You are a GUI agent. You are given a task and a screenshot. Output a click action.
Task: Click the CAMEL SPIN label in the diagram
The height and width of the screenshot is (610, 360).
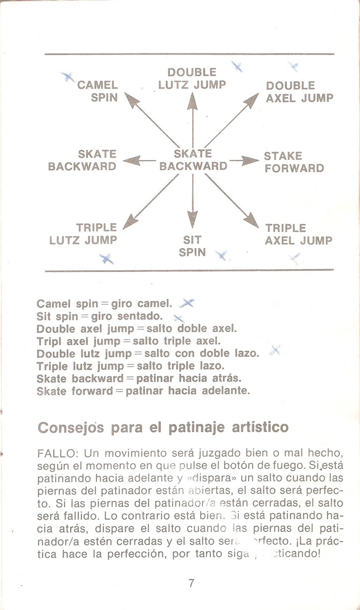(98, 91)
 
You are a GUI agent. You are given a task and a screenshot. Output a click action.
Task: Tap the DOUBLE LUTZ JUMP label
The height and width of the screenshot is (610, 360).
(192, 79)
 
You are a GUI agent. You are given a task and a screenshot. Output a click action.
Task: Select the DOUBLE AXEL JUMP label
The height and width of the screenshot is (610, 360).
(299, 92)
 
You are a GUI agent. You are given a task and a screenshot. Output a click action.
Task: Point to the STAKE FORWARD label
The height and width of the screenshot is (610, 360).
(294, 162)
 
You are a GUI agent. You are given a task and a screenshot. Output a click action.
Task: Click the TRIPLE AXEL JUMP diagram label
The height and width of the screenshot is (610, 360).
(298, 234)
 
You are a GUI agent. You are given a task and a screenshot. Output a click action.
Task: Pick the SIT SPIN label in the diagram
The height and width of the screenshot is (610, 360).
(192, 246)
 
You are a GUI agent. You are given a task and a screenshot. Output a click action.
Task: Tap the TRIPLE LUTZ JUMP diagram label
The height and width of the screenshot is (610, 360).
(83, 234)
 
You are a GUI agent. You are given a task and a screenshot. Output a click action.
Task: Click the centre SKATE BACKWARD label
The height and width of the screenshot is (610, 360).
(193, 160)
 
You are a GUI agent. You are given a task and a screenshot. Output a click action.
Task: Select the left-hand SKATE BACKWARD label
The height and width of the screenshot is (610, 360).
(82, 160)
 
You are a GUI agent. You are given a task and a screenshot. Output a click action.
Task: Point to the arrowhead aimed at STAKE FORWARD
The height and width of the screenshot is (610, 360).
(252, 160)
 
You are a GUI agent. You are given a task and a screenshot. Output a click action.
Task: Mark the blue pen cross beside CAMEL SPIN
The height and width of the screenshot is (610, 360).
(69, 77)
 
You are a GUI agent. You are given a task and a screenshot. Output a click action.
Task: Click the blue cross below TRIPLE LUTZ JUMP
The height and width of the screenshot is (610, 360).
(106, 259)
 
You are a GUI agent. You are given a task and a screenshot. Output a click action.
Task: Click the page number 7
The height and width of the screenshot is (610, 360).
(191, 583)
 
